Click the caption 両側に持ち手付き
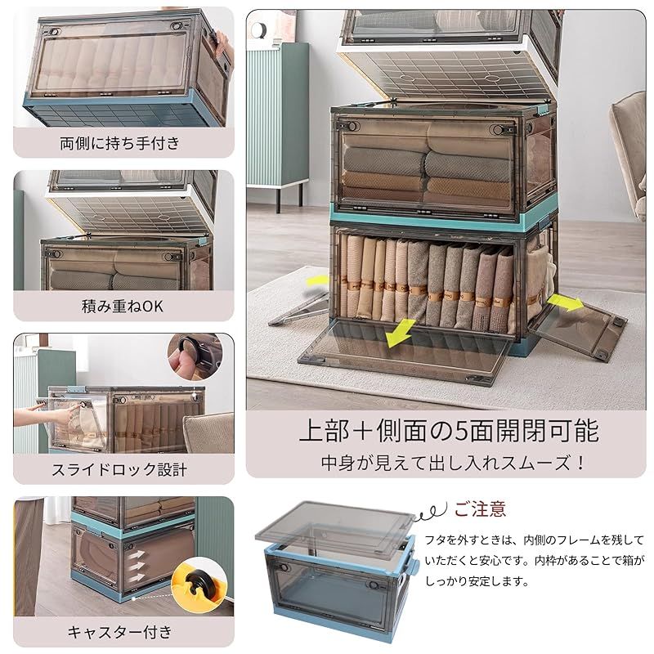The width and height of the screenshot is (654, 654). pos(119,144)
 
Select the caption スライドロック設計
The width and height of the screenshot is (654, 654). pos(119,470)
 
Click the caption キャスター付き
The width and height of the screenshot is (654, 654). pos(119,631)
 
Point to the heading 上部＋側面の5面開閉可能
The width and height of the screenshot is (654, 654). pos(447,429)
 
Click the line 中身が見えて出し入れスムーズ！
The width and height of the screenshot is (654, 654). pos(452,462)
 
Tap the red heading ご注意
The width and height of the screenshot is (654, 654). pos(480,510)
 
